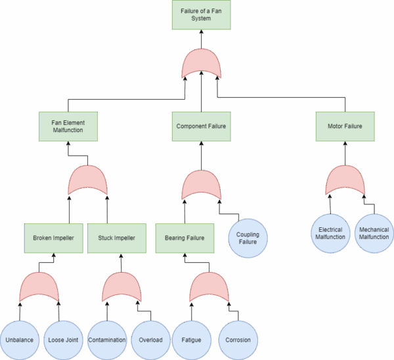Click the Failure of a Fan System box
coord(201,14)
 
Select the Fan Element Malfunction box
coord(68,126)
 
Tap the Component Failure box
coord(201,126)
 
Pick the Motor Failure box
coord(345,126)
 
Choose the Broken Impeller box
coord(53,238)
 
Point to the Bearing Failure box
coord(185,238)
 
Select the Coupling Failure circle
coord(248,238)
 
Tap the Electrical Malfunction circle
coord(330,233)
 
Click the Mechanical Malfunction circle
coord(374,233)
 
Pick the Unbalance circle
coord(20,340)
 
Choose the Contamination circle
coord(107,340)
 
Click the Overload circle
coord(151,340)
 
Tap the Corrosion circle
coord(238,340)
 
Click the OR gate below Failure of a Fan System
coord(202,64)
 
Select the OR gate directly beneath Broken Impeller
coord(39,288)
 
